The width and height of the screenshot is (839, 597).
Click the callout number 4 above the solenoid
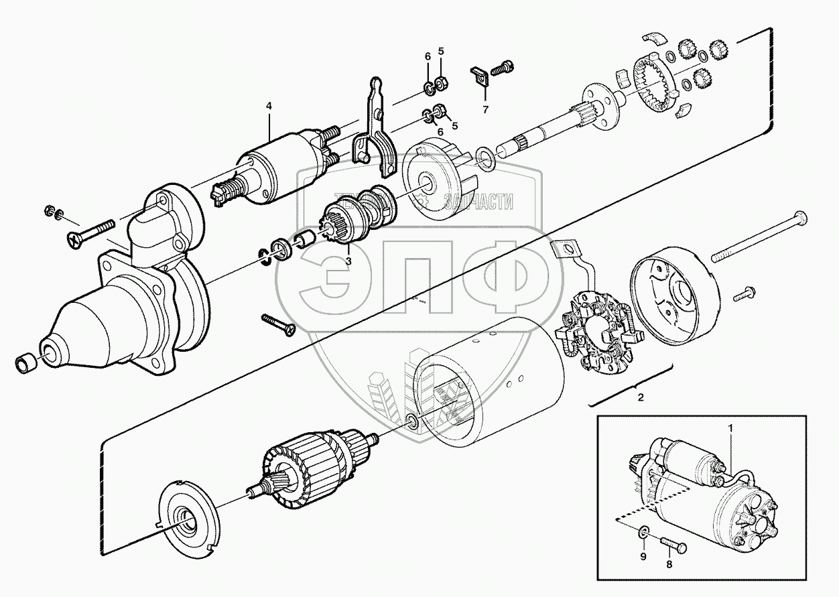point(269,106)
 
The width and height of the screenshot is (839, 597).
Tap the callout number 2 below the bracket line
point(640,398)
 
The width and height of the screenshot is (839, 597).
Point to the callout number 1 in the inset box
point(731,427)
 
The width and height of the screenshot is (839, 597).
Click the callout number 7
point(487,109)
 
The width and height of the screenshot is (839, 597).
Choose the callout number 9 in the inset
point(642,555)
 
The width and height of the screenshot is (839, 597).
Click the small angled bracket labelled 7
point(480,78)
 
